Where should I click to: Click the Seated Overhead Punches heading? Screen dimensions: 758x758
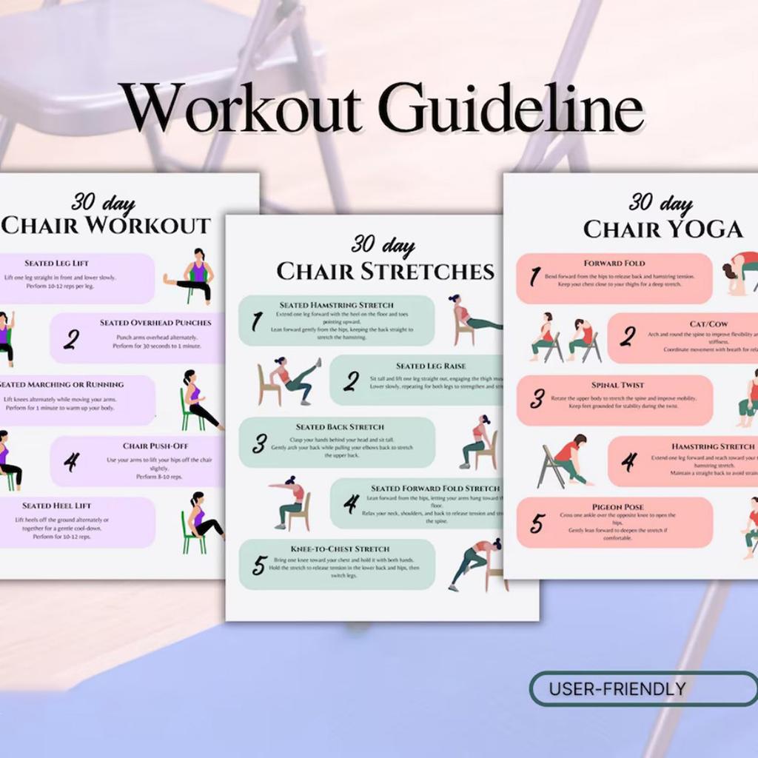click(x=155, y=323)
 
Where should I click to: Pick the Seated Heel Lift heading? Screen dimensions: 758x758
click(x=56, y=506)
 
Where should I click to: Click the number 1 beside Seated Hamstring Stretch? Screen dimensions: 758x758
click(x=257, y=321)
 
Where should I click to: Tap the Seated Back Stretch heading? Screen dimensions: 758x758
click(x=340, y=427)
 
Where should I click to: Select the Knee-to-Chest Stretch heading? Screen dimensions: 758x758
click(x=341, y=549)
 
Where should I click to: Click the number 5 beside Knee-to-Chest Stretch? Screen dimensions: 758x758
click(x=258, y=566)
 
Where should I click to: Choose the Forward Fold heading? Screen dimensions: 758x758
click(x=614, y=263)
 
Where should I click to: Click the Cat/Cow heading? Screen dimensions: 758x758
click(x=708, y=324)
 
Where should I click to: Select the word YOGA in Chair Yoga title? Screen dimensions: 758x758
click(x=703, y=229)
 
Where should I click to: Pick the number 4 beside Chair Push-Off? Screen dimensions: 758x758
click(x=71, y=463)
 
